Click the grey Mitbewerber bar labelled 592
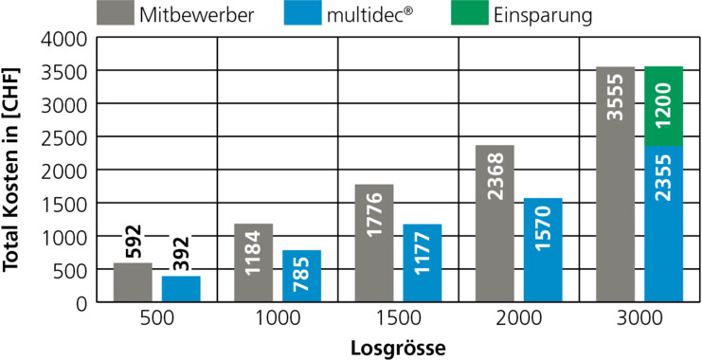point(133,282)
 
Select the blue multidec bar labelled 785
point(302,276)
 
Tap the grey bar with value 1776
point(374,243)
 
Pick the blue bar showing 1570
point(543,250)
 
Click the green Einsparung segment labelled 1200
point(663,106)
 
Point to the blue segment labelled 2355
point(663,224)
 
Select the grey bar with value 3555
point(615,184)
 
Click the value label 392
point(181,254)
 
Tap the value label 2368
point(495,176)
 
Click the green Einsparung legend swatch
point(470,13)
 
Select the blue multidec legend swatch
point(302,13)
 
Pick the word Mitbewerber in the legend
point(197,15)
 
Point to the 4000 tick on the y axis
point(65,40)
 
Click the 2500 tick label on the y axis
point(65,137)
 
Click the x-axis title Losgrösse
point(398,348)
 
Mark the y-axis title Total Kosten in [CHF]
point(11,170)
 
